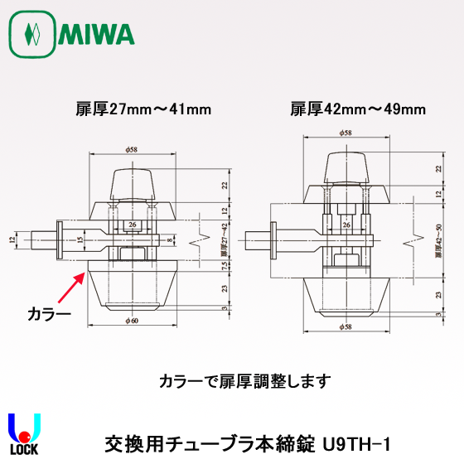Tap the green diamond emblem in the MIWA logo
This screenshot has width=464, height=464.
tap(32, 35)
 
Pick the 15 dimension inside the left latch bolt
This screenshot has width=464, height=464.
tap(81, 239)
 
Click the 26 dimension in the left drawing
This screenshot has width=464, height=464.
tap(133, 224)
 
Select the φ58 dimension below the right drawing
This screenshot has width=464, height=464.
tap(346, 326)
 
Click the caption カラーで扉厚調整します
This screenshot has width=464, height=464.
tap(244, 382)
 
